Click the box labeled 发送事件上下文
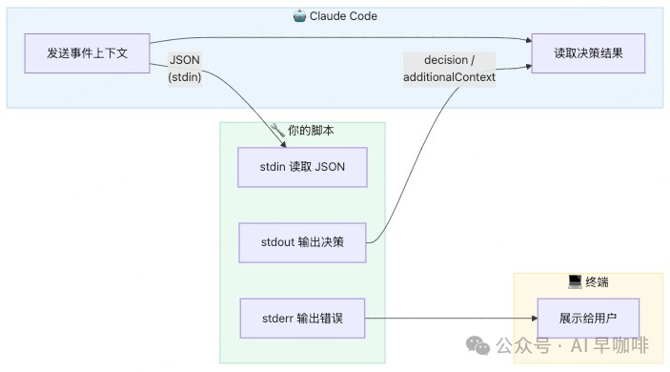click(x=87, y=53)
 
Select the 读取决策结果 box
click(x=588, y=53)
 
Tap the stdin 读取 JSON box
click(x=302, y=167)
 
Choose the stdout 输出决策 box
click(x=302, y=242)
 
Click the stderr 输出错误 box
click(x=302, y=319)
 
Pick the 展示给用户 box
click(x=588, y=319)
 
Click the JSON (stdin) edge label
click(x=185, y=69)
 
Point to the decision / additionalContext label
click(x=449, y=69)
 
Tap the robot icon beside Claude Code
click(x=299, y=16)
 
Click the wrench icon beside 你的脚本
click(x=277, y=130)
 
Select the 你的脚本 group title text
click(x=311, y=131)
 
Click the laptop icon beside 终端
click(x=575, y=281)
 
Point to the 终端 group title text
click(x=597, y=282)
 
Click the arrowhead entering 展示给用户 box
click(x=535, y=319)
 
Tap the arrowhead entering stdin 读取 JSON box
click(x=283, y=145)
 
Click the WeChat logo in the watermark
click(x=477, y=345)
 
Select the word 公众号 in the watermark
click(x=523, y=345)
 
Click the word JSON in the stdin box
click(x=330, y=167)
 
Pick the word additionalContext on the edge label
click(x=449, y=77)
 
